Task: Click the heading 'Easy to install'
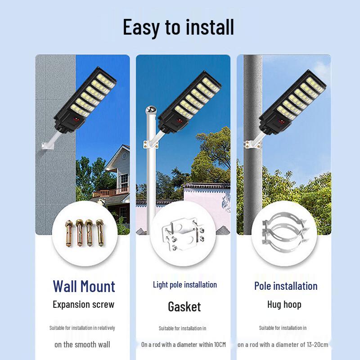pyautogui.click(x=178, y=27)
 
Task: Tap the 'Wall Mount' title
pyautogui.click(x=84, y=286)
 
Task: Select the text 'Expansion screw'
pyautogui.click(x=84, y=305)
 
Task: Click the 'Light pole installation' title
pyautogui.click(x=185, y=285)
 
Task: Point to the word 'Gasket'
pyautogui.click(x=184, y=307)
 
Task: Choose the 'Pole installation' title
pyautogui.click(x=286, y=286)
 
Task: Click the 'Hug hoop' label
pyautogui.click(x=284, y=305)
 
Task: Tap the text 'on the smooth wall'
pyautogui.click(x=82, y=344)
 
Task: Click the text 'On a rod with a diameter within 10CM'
pyautogui.click(x=184, y=345)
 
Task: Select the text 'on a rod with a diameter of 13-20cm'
pyautogui.click(x=283, y=345)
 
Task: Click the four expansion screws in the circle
pyautogui.click(x=85, y=233)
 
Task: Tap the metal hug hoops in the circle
pyautogui.click(x=284, y=232)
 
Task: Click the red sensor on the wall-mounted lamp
pyautogui.click(x=76, y=120)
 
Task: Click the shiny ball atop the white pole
pyautogui.click(x=151, y=110)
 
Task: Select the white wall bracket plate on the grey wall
pyautogui.click(x=48, y=145)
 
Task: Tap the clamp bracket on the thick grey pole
pyautogui.click(x=252, y=144)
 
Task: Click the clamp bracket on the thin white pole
pyautogui.click(x=151, y=144)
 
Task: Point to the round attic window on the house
pyautogui.click(x=125, y=156)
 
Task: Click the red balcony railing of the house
pyautogui.click(x=111, y=192)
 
